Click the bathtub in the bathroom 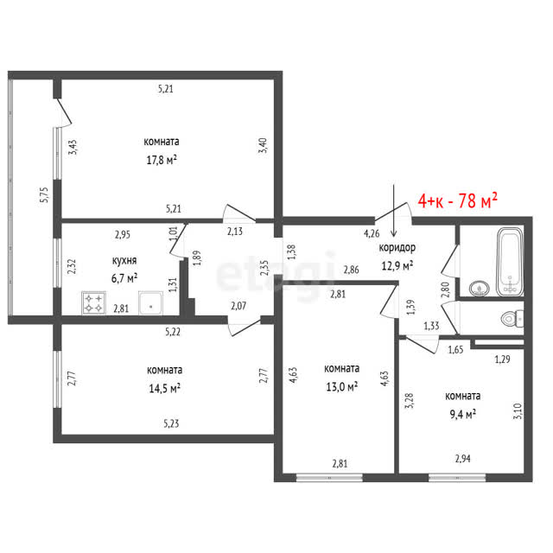tap(510, 262)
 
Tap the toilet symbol tap(512, 319)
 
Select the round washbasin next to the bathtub tap(480, 289)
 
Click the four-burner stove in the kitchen tap(93, 303)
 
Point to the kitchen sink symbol tap(150, 303)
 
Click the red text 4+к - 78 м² tap(457, 200)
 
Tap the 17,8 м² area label tap(162, 161)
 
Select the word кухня tap(124, 261)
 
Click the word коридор tap(397, 248)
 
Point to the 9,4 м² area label tap(462, 414)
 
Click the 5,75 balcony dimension tap(44, 194)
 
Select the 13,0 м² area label tap(341, 386)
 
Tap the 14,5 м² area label tap(164, 389)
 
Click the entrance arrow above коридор tap(394, 210)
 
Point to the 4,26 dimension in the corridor tap(372, 233)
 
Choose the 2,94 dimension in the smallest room tap(463, 459)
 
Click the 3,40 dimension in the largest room tap(263, 145)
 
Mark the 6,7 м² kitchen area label tap(124, 278)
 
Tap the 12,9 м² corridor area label tap(397, 265)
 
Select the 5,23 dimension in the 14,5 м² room tap(171, 423)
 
